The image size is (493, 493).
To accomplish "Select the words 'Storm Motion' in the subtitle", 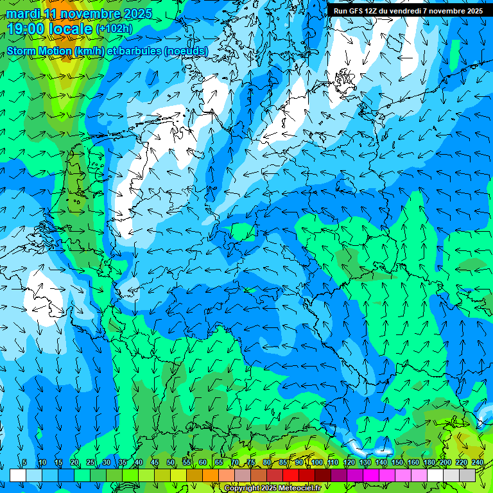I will pyautogui.click(x=39, y=51).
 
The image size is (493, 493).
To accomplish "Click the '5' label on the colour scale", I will pyautogui.click(x=24, y=463).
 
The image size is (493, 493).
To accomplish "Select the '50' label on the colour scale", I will pyautogui.click(x=171, y=463).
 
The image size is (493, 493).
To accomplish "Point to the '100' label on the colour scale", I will pyautogui.click(x=317, y=463).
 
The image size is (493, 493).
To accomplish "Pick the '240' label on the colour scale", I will pyautogui.click(x=477, y=463).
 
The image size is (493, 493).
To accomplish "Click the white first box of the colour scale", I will pyautogui.click(x=18, y=475).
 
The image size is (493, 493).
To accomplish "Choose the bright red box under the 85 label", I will pyautogui.click(x=291, y=475).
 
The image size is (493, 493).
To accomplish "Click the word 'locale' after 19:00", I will pyautogui.click(x=71, y=29).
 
